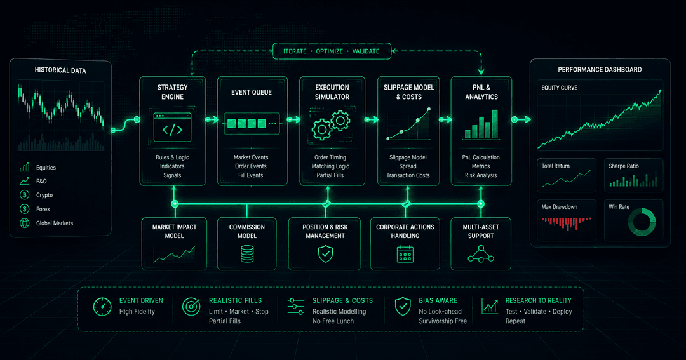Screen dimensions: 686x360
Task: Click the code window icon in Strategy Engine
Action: (172, 127)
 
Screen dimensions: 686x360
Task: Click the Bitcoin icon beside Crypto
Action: (25, 195)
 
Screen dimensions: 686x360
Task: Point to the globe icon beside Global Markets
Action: (25, 223)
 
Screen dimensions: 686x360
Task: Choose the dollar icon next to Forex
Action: (25, 209)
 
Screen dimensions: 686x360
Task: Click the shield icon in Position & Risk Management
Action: (325, 254)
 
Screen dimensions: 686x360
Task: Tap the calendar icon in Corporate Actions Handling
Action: (405, 254)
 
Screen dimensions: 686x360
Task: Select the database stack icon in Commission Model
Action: (247, 254)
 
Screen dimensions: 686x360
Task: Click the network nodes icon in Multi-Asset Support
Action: (481, 254)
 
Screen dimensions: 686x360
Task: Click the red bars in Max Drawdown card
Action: (567, 223)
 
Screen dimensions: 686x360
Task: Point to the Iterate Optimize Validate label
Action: (331, 51)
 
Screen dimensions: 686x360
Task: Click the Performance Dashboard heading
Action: (600, 70)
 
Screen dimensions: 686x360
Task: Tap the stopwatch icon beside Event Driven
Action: (102, 307)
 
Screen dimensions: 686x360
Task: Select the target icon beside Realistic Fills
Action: (191, 307)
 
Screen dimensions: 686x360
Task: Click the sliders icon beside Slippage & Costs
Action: (296, 307)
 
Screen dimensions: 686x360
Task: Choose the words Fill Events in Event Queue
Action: (251, 175)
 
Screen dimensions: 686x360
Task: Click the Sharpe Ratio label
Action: (624, 166)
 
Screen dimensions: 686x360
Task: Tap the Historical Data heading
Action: (60, 70)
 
